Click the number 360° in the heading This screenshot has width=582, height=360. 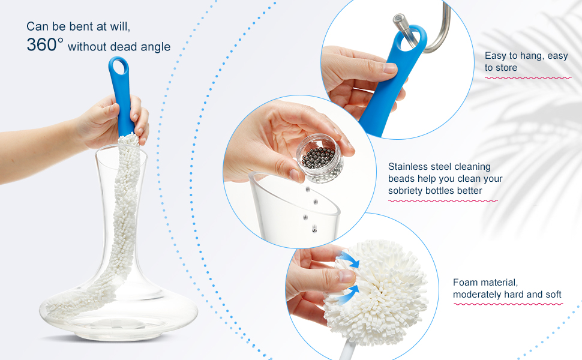44,45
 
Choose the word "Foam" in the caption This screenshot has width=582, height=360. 465,282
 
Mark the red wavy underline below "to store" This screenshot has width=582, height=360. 528,78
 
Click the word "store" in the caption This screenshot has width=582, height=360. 507,68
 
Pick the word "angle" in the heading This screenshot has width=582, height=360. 157,47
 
